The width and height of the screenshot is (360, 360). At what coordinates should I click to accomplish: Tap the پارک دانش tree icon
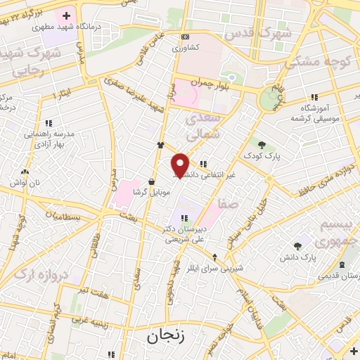tap(298, 246)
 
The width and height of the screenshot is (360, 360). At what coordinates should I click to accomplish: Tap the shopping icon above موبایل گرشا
tap(152, 181)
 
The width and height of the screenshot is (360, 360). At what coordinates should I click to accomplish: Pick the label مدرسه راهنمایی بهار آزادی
tap(47, 137)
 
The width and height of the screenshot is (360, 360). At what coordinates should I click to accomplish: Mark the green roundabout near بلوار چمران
tap(269, 99)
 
